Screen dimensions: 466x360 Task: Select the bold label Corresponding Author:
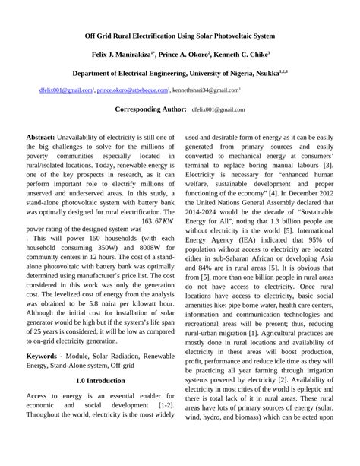(x=150, y=109)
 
